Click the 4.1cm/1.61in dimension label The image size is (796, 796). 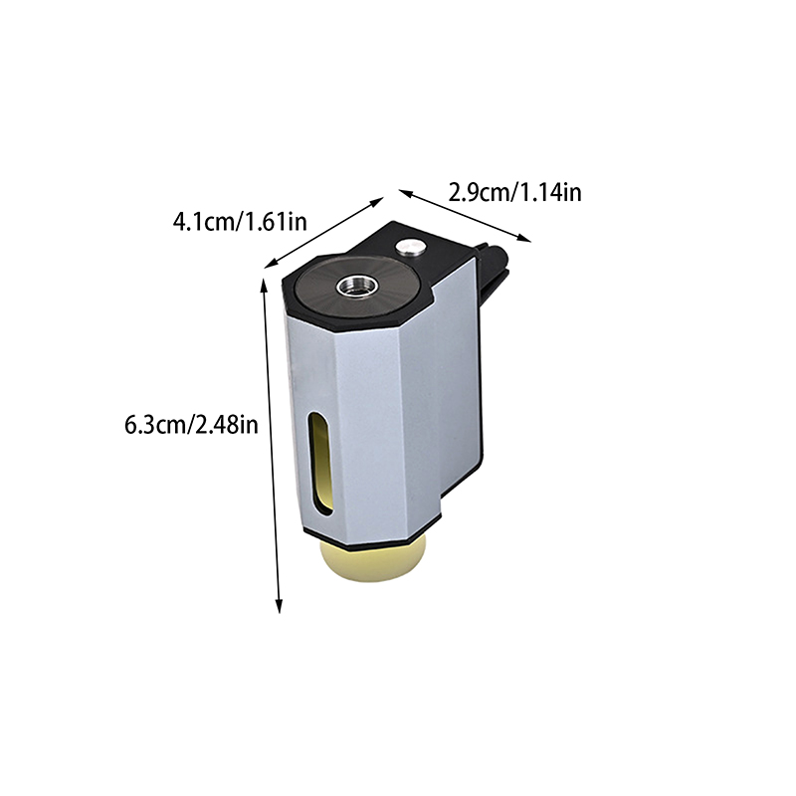[x=240, y=222]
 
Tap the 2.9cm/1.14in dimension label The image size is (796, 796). [x=514, y=193]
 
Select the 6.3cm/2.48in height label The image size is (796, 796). [x=191, y=425]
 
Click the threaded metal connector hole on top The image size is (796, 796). [x=357, y=286]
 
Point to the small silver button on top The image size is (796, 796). [x=411, y=247]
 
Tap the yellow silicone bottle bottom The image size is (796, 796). [x=372, y=563]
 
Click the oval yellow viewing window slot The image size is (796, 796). [x=320, y=464]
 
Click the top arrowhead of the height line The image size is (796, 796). [x=264, y=285]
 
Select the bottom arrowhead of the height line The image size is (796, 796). [x=279, y=606]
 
